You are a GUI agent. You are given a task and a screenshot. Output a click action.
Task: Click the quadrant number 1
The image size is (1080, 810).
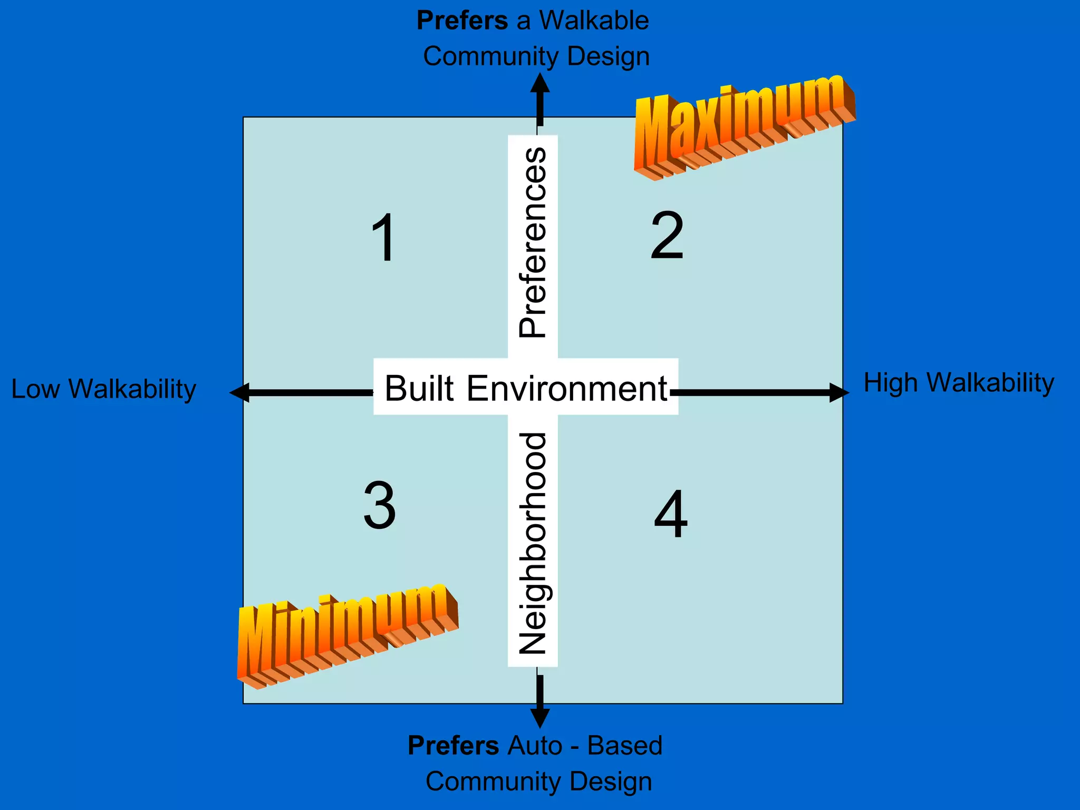pyautogui.click(x=383, y=238)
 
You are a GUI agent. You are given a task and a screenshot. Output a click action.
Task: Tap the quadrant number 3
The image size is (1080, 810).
pyautogui.click(x=380, y=506)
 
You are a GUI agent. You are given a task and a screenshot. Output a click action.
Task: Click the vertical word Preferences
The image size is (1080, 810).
pyautogui.click(x=533, y=243)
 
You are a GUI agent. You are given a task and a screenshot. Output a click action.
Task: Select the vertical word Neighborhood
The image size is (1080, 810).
pyautogui.click(x=533, y=543)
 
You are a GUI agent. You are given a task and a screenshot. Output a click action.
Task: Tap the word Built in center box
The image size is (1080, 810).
pyautogui.click(x=419, y=389)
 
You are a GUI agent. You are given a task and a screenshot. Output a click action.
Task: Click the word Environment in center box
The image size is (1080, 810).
pyautogui.click(x=567, y=389)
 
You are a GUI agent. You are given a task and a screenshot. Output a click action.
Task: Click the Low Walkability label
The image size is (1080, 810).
pyautogui.click(x=104, y=389)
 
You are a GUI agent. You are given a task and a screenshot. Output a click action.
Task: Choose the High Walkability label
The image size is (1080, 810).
pyautogui.click(x=959, y=383)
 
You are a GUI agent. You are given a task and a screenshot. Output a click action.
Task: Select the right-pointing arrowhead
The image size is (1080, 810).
pyautogui.click(x=839, y=392)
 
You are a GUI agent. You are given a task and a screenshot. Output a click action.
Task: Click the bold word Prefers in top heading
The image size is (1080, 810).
pyautogui.click(x=462, y=21)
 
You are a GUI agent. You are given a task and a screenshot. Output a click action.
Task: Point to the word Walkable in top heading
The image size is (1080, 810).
pyautogui.click(x=594, y=21)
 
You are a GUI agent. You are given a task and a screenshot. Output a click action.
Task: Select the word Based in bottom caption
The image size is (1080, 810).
pyautogui.click(x=625, y=746)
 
